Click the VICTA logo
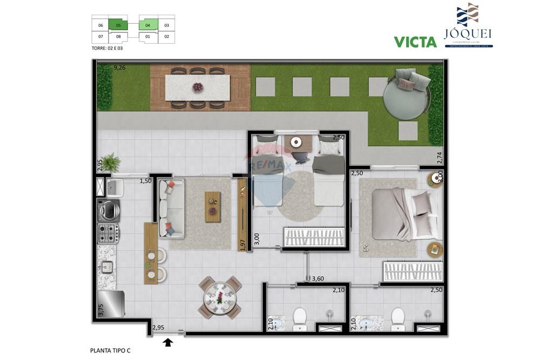[x=415, y=42]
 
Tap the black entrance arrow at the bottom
[x=168, y=342]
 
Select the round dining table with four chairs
[x=220, y=297]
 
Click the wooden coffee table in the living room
[x=213, y=206]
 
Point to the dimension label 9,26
[x=119, y=68]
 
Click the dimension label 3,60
[x=318, y=279]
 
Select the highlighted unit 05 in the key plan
[x=118, y=25]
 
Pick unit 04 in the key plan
[x=148, y=25]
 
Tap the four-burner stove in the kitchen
[x=107, y=233]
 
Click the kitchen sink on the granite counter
[x=107, y=266]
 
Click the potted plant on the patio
[x=111, y=161]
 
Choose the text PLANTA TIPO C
[x=110, y=350]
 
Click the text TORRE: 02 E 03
[x=107, y=48]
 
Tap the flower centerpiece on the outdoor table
[x=198, y=86]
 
